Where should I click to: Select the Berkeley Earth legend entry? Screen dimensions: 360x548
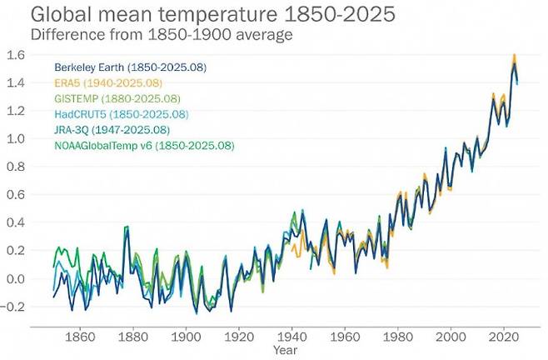pos(131,67)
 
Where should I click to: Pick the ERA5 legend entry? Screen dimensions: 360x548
pos(108,82)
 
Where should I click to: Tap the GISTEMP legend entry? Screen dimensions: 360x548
pos(120,98)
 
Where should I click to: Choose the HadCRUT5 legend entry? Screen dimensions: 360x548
pos(122,114)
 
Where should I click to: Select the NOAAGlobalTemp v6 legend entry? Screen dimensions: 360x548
pos(144,146)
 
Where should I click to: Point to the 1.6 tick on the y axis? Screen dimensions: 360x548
pos(17,54)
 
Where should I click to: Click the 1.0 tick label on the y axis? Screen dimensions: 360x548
pos(17,138)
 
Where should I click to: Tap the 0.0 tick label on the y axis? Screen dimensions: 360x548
pos(17,278)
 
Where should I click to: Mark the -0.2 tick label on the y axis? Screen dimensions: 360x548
pos(15,307)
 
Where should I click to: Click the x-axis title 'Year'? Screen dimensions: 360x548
pos(286,351)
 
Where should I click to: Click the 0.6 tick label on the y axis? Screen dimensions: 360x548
pos(17,194)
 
